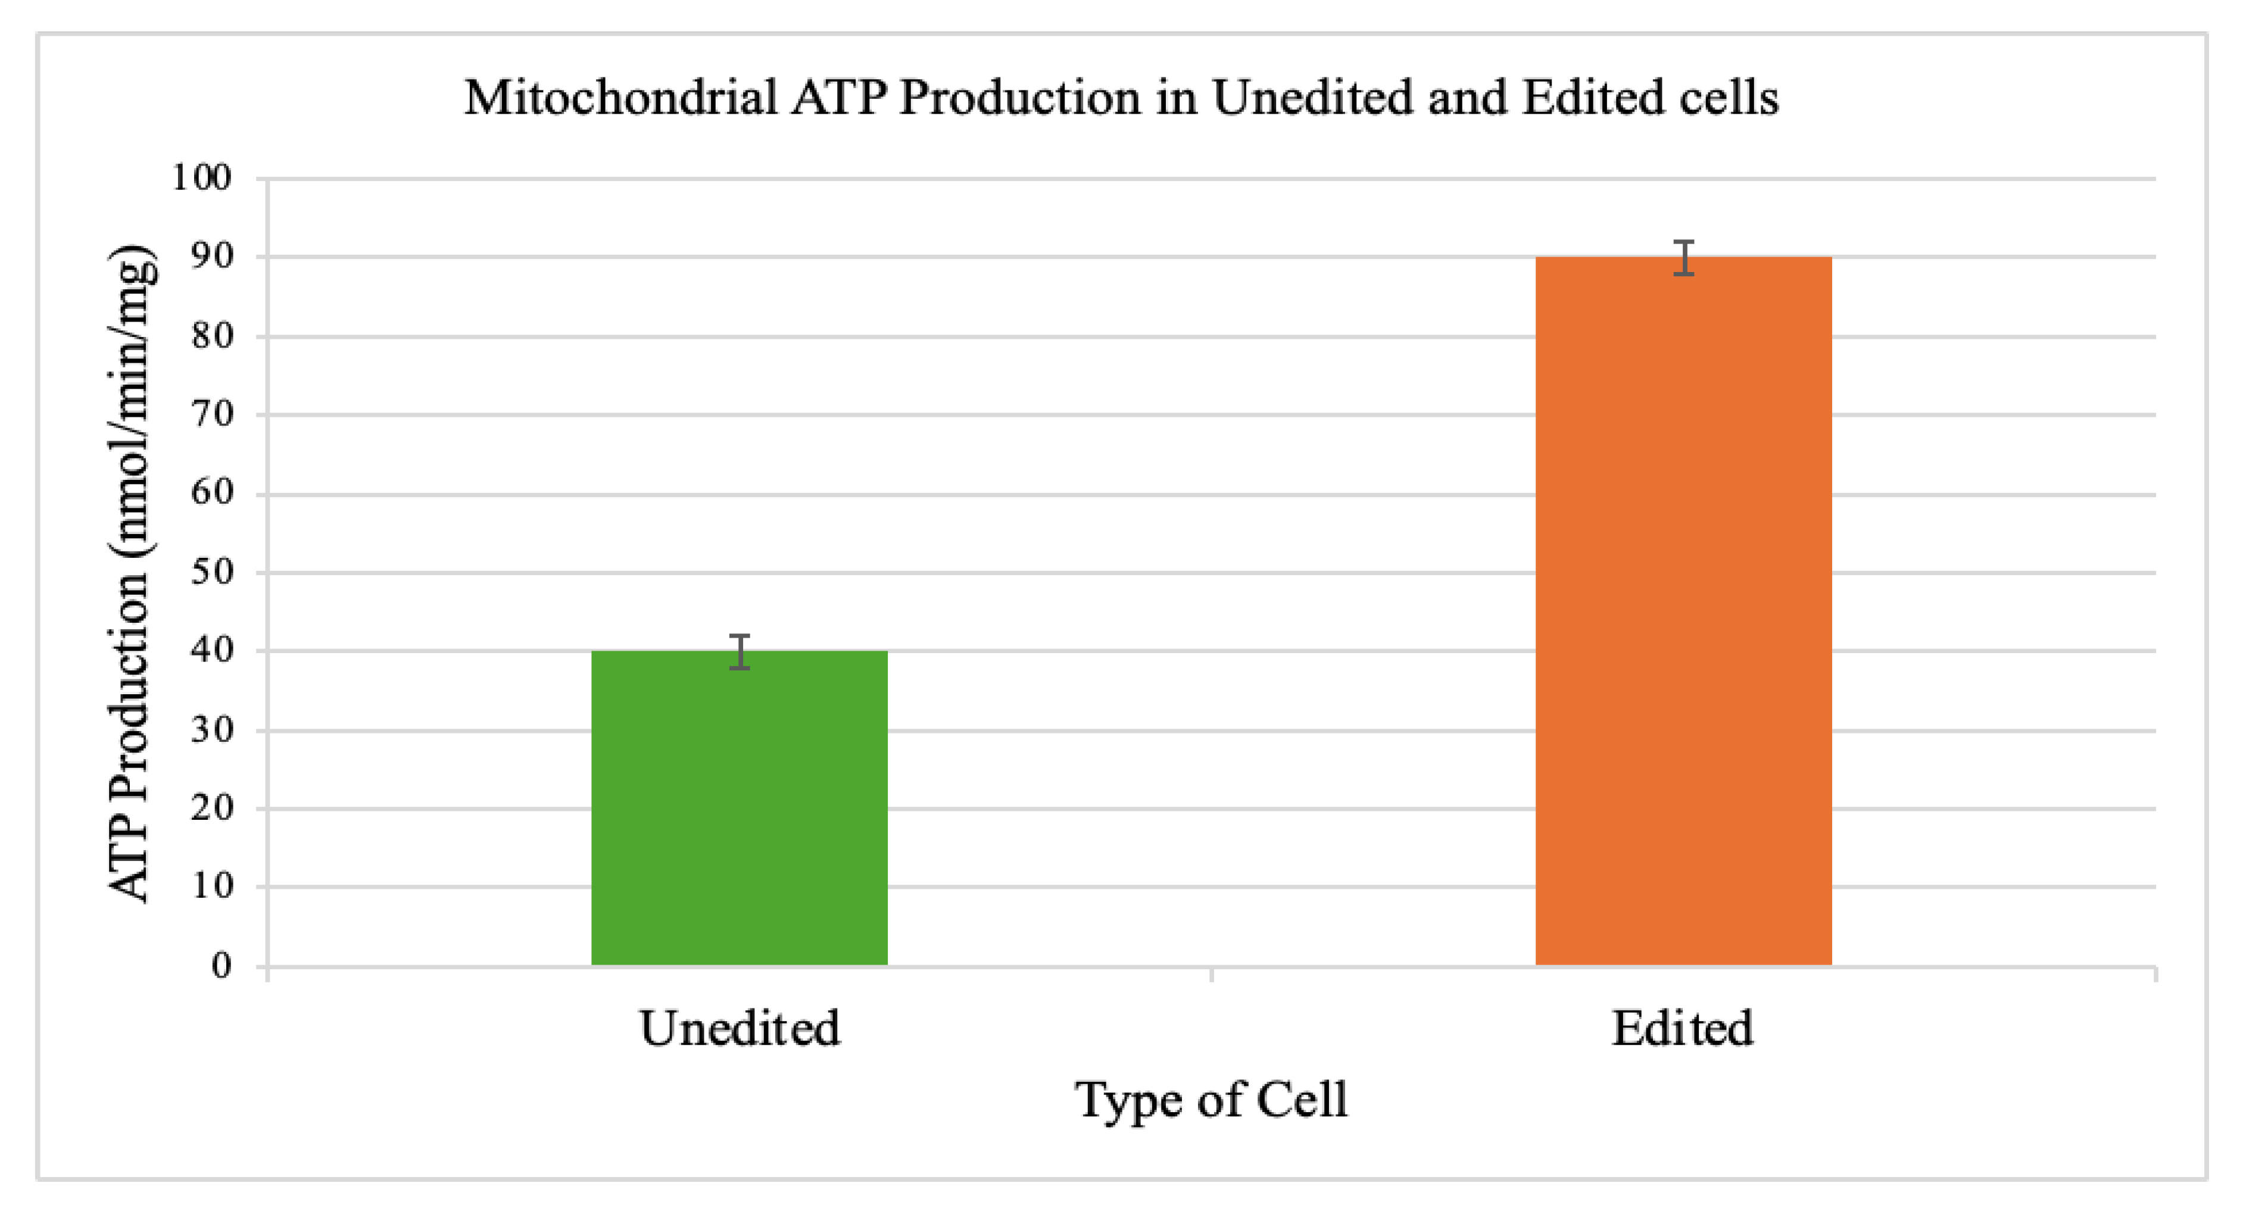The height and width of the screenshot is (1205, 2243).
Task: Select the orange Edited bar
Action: pos(1683,610)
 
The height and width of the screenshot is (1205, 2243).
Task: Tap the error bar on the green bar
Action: pos(740,651)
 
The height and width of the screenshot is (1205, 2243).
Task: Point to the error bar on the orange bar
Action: pos(1684,258)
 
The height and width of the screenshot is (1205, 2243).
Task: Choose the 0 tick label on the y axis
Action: pos(222,966)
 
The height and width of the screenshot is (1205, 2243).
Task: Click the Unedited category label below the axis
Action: pos(740,1028)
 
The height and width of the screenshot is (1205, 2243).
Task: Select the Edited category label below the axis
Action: pos(1682,1028)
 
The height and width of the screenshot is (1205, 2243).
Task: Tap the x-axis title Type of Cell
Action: pos(1211,1100)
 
